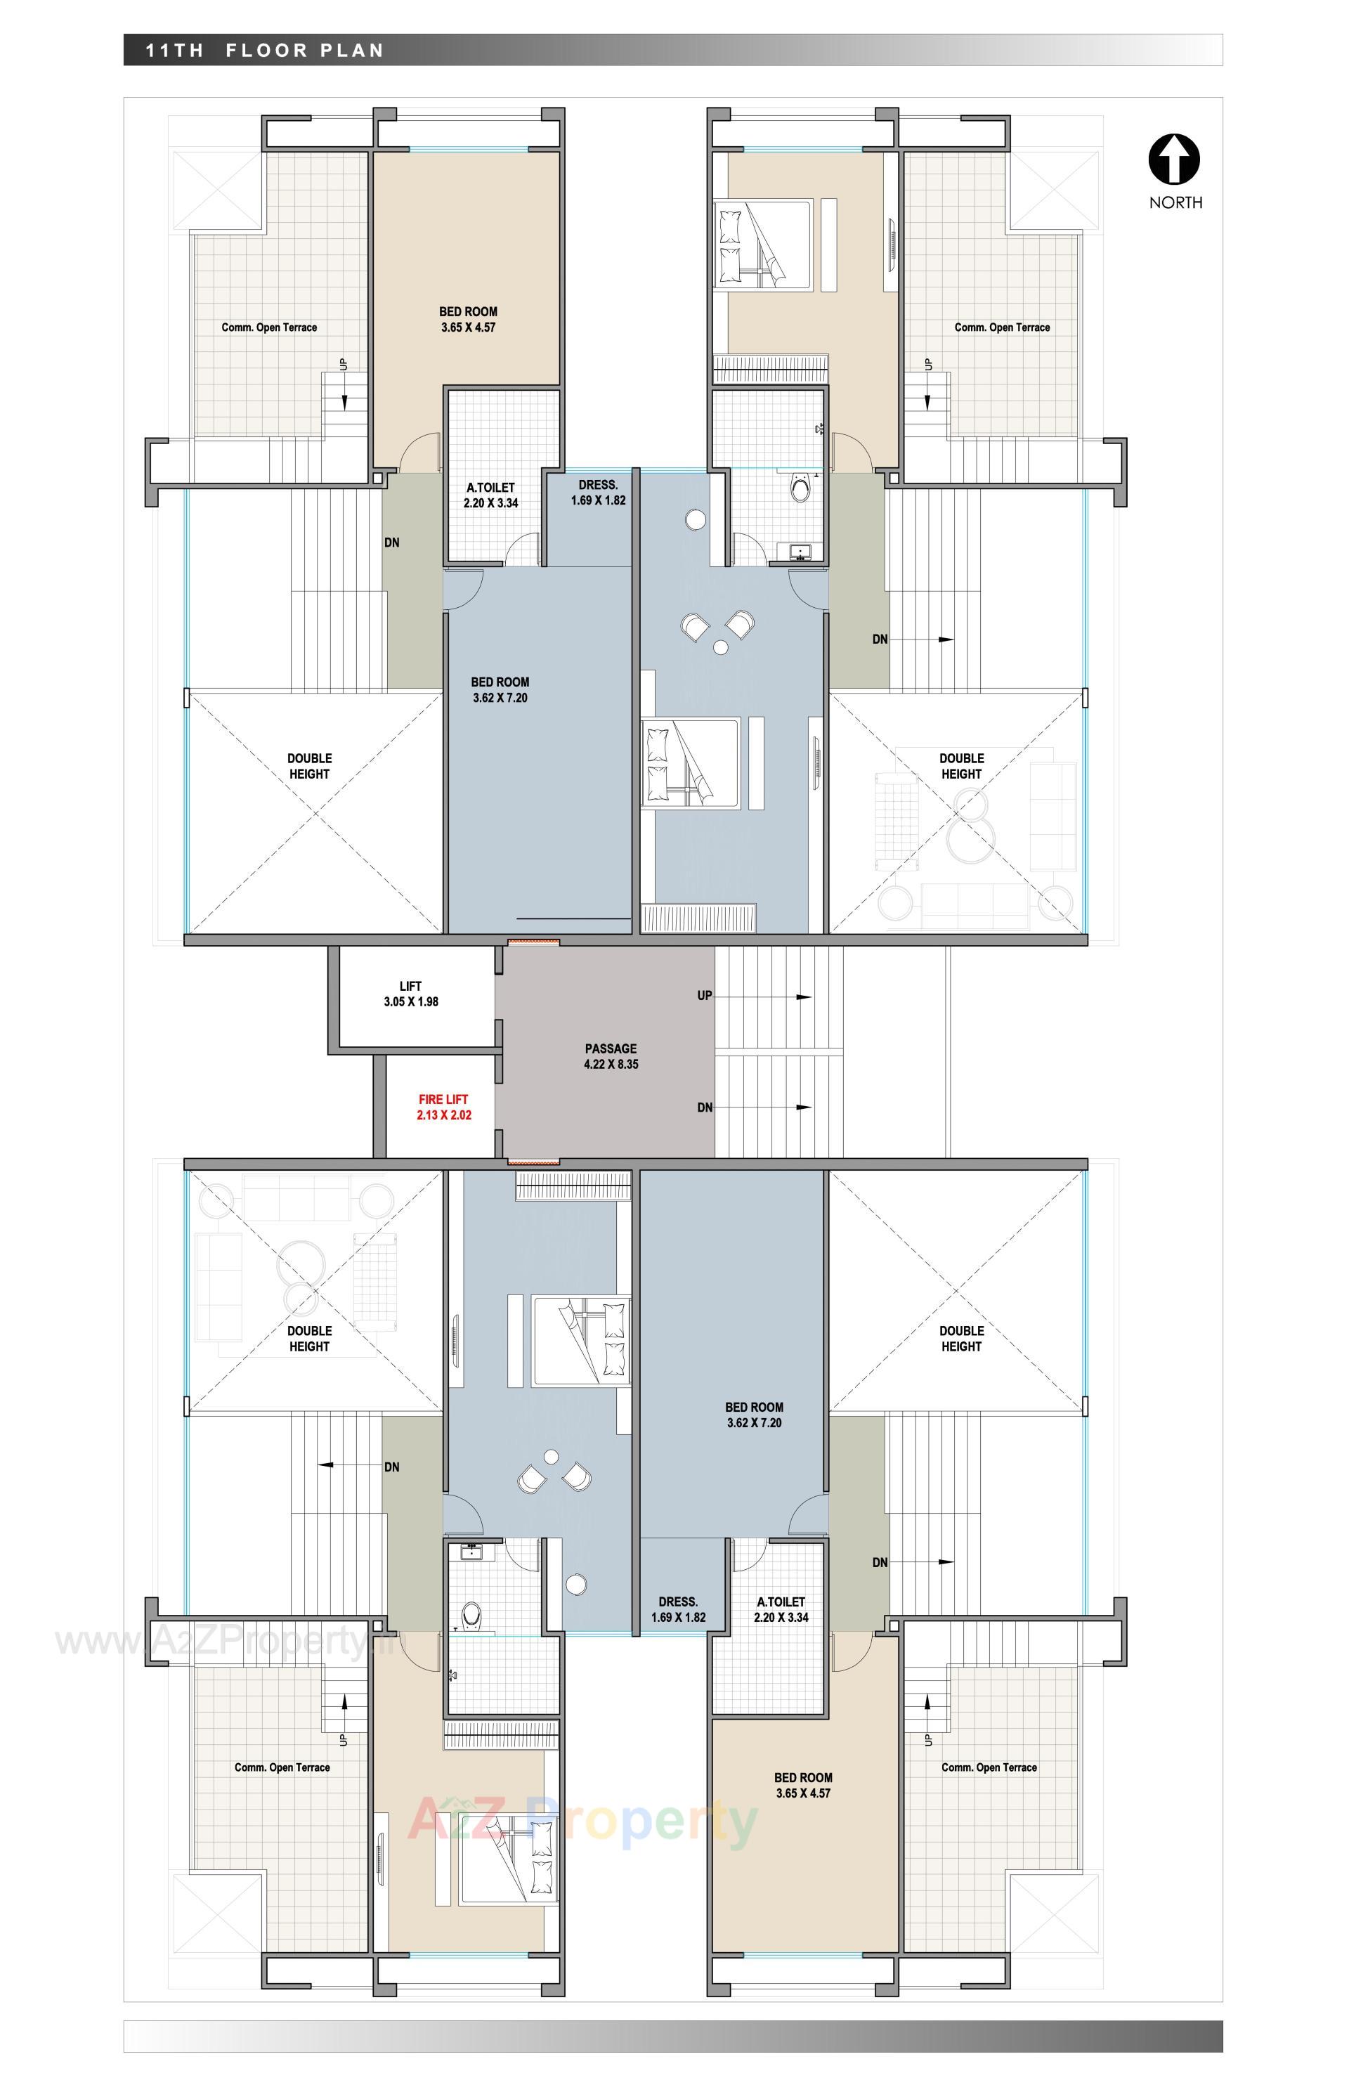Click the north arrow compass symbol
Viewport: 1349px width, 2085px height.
(x=1174, y=160)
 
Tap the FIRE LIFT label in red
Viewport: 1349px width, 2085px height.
(x=443, y=1107)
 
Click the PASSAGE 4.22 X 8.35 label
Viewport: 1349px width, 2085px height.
(x=611, y=1056)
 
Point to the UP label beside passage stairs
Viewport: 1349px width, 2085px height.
(x=704, y=995)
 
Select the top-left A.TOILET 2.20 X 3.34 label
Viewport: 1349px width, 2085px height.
(x=490, y=495)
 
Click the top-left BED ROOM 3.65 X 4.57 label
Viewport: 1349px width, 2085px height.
(x=468, y=319)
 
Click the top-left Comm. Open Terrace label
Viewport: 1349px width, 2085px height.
(x=269, y=327)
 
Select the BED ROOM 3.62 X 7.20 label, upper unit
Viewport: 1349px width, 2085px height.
(x=500, y=689)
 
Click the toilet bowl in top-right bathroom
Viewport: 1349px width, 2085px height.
(x=800, y=487)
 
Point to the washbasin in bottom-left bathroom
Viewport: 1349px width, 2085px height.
(x=471, y=1552)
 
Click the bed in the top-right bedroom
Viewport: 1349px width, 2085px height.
(x=763, y=244)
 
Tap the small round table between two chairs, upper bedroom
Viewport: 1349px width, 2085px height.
(x=720, y=647)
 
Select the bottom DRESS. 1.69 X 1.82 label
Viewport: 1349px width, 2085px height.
(x=678, y=1609)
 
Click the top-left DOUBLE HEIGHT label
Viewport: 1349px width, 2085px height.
(x=309, y=766)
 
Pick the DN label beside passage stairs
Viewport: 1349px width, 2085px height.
(x=704, y=1108)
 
